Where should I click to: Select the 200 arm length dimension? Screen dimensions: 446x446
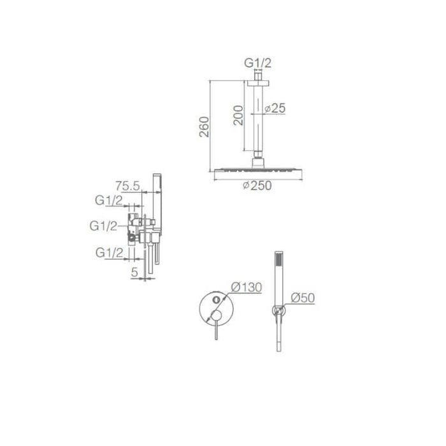(x=238, y=115)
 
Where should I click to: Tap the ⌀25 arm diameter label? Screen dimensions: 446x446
(x=274, y=108)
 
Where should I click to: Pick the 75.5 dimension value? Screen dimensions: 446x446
(x=128, y=186)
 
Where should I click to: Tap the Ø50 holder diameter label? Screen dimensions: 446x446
(x=303, y=298)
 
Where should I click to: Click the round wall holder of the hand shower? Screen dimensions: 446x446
(x=277, y=311)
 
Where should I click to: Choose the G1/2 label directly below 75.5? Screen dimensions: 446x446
(x=108, y=200)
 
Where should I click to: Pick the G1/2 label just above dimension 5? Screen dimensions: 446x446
(x=109, y=253)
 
